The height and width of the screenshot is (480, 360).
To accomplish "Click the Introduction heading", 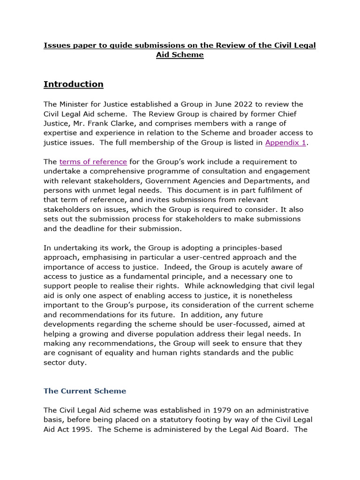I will [73, 84].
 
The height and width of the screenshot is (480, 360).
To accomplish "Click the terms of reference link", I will [93, 162].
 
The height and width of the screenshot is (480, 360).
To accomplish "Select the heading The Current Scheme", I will [85, 390].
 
